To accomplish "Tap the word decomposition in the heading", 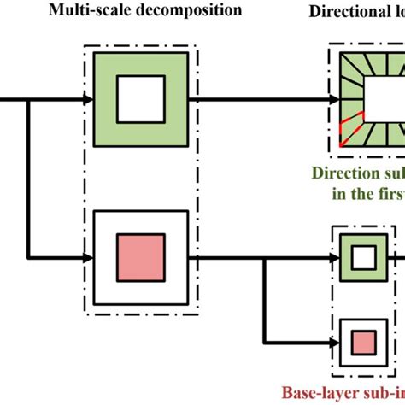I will coord(189,11).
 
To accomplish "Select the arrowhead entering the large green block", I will coord(87,100).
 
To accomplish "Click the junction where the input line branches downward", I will coord(31,100).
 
